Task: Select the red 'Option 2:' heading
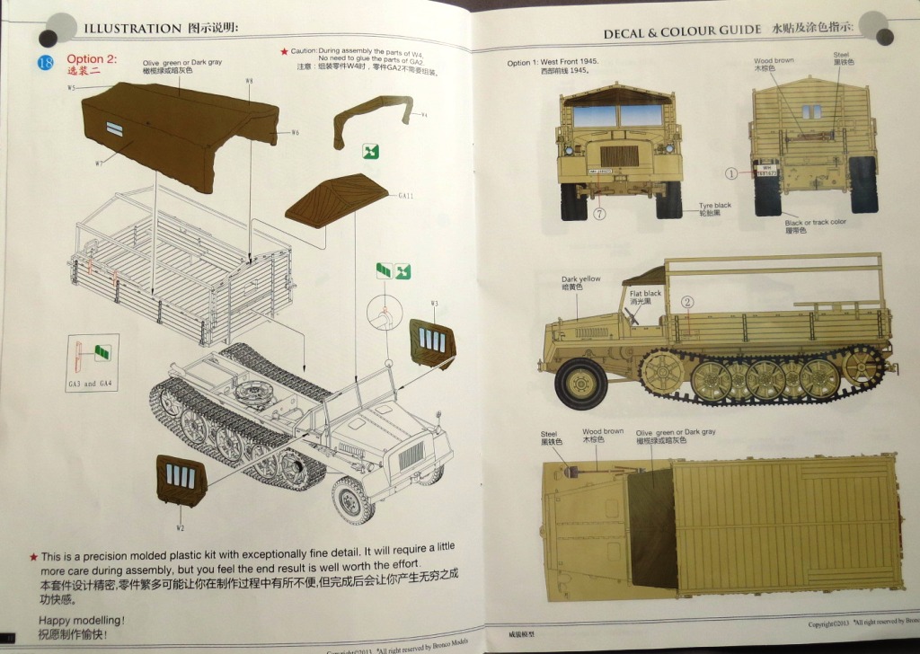[x=92, y=59]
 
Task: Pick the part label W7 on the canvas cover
[x=99, y=163]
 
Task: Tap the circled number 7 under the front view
[x=599, y=214]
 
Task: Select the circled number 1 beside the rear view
[x=731, y=173]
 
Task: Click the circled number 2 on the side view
[x=687, y=302]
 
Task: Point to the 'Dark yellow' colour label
[x=580, y=279]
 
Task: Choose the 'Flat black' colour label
[x=645, y=294]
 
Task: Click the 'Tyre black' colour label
[x=715, y=206]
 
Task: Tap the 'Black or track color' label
[x=815, y=222]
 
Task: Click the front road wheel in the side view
[x=580, y=382]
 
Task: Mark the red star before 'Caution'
[x=285, y=52]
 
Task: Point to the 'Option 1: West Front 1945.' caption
[x=553, y=62]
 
